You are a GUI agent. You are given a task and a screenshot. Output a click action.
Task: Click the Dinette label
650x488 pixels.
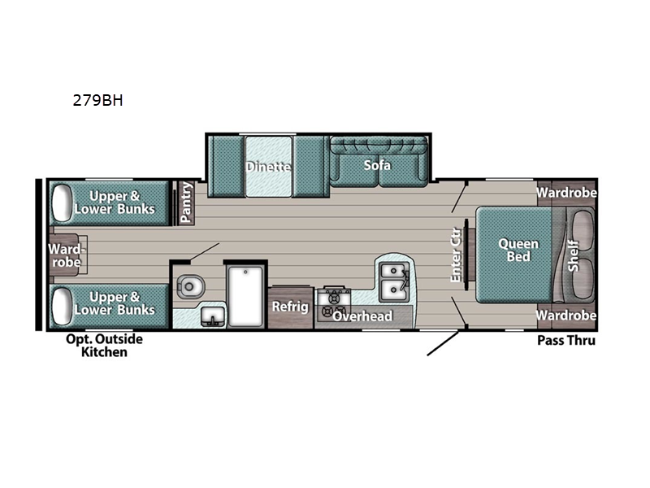click(x=268, y=167)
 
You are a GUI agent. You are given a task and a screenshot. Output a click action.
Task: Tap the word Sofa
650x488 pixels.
click(x=377, y=165)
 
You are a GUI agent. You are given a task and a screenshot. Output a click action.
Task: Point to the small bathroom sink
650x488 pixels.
click(x=212, y=315)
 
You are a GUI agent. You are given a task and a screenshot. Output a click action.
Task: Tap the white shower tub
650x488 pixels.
click(x=246, y=296)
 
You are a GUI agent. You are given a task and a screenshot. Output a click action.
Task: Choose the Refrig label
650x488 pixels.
click(x=290, y=307)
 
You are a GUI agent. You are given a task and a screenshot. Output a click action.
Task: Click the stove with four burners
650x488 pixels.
click(x=336, y=299)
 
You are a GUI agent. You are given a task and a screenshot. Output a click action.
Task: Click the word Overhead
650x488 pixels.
click(x=362, y=316)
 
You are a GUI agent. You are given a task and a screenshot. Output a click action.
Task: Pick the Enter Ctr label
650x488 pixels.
click(x=456, y=255)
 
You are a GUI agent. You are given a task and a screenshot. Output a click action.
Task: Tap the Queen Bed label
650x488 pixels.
click(x=513, y=250)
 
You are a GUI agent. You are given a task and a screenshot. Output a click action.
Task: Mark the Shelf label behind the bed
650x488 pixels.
click(x=574, y=255)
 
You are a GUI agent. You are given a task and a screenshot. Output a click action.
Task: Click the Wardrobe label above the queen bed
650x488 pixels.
click(x=566, y=193)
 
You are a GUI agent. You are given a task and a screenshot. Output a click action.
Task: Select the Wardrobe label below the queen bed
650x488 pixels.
click(x=566, y=316)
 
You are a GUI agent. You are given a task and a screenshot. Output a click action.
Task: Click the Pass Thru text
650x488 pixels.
click(x=566, y=340)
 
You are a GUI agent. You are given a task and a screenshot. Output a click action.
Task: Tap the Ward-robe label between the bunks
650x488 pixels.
click(x=63, y=255)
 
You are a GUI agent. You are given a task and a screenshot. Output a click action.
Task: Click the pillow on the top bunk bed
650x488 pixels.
click(x=63, y=202)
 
